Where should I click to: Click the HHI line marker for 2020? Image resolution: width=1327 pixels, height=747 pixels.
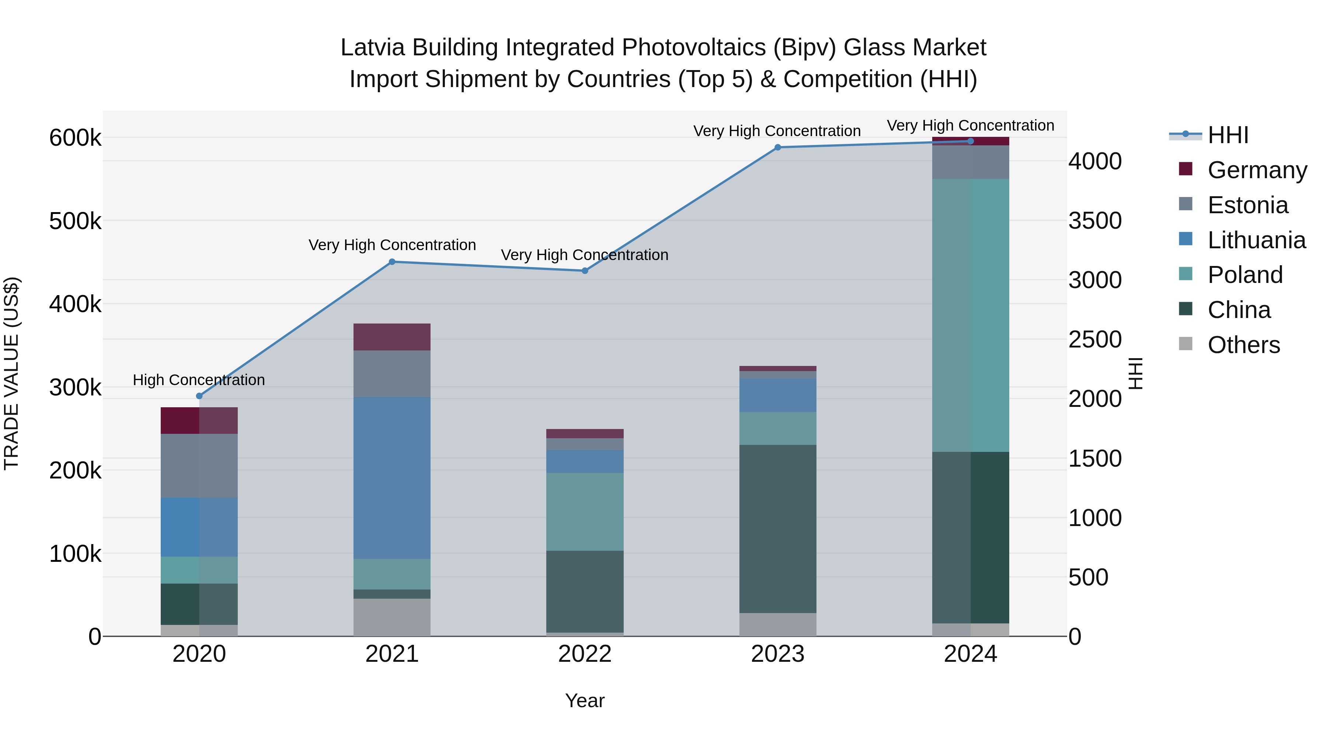click(199, 396)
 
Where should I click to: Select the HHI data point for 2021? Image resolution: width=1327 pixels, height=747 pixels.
click(392, 262)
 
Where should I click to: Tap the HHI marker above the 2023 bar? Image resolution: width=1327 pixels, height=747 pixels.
click(778, 148)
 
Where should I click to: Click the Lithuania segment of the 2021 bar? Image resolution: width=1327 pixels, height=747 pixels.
click(392, 478)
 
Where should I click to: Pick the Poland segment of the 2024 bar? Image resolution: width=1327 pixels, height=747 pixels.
click(971, 315)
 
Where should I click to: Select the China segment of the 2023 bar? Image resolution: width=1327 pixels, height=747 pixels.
click(778, 529)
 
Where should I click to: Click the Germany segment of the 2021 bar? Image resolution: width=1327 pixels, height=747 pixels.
click(392, 337)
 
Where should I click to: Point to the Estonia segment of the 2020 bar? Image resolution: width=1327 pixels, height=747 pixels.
click(199, 466)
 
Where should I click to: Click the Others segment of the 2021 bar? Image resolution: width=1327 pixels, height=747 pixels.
click(392, 617)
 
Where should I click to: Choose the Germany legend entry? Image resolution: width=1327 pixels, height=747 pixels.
click(1257, 170)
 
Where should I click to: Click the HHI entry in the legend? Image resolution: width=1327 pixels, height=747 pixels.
click(1228, 135)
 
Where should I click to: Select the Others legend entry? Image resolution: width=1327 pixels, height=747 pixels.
click(1244, 345)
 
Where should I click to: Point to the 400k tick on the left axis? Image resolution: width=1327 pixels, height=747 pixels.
click(75, 304)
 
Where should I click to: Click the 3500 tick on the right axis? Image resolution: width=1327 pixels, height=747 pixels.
click(1095, 221)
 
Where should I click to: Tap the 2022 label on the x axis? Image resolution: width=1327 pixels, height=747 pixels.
click(585, 654)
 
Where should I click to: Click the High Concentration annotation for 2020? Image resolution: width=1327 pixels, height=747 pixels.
click(199, 380)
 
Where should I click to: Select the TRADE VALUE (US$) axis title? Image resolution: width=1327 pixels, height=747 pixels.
click(12, 373)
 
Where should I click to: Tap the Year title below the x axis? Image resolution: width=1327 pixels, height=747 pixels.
click(585, 701)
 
